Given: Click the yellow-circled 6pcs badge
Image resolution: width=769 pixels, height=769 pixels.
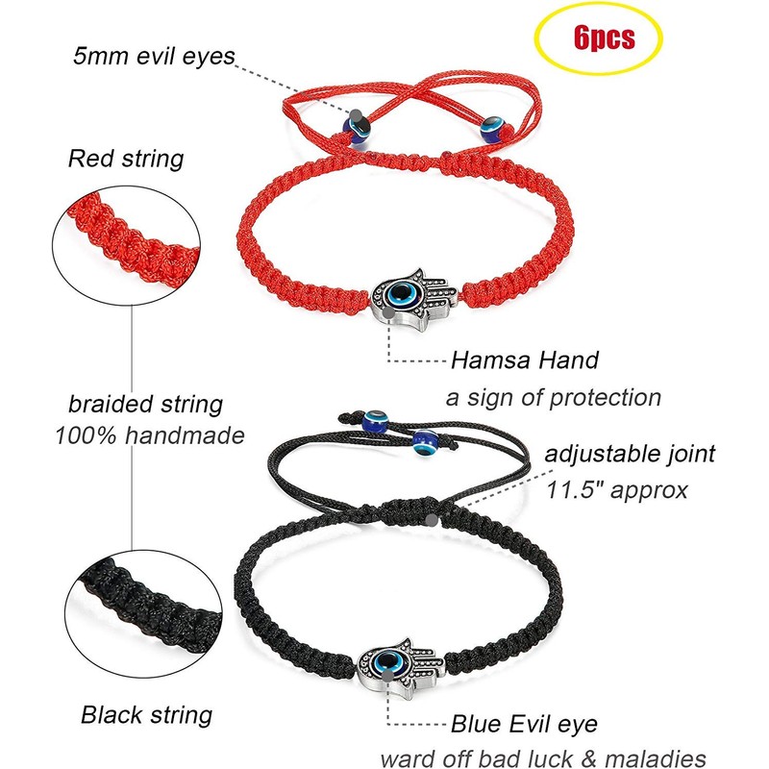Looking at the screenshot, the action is pos(603,38).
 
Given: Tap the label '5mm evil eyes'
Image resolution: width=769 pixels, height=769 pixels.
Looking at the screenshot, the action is pos(154,56).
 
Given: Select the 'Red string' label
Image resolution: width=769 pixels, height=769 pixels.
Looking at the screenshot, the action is pos(126,157).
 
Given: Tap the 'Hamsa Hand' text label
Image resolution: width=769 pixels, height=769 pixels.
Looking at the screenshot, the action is pos(525,360).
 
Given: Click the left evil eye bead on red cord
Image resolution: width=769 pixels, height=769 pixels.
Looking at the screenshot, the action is pos(355,124).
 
